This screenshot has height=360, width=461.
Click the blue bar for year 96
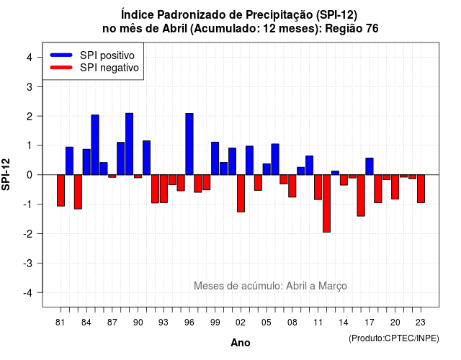click(x=189, y=144)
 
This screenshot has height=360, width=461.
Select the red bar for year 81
click(x=61, y=190)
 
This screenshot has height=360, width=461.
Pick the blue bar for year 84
click(x=86, y=162)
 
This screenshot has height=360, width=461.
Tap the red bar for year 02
click(x=241, y=194)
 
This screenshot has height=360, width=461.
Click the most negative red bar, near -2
click(x=326, y=203)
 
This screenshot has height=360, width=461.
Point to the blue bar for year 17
click(x=370, y=166)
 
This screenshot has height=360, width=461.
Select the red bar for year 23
click(x=421, y=189)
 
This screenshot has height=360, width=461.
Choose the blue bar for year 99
click(x=215, y=158)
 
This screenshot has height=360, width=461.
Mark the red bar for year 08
click(x=292, y=186)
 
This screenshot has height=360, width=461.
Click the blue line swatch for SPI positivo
click(x=61, y=55)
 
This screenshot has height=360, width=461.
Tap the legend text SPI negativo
click(x=109, y=68)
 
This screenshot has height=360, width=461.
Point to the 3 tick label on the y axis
click(x=30, y=86)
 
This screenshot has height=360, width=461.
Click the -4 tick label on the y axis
click(x=28, y=293)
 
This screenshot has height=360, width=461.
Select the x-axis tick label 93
click(x=164, y=323)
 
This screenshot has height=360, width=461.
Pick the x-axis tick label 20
click(x=395, y=323)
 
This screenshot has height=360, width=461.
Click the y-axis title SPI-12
click(x=6, y=174)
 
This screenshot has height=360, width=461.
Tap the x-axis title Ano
click(x=241, y=343)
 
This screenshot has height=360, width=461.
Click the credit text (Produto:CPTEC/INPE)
click(x=394, y=338)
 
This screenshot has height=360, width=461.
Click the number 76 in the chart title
click(x=372, y=29)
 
